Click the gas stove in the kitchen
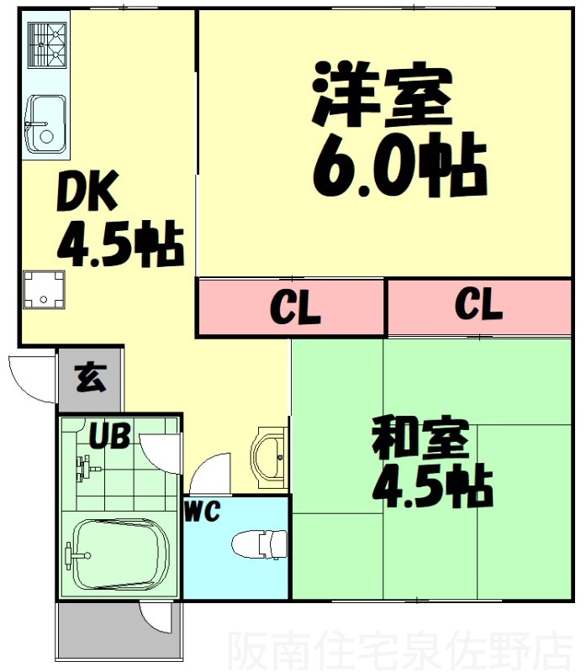(x=47, y=45)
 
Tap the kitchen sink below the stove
(x=45, y=123)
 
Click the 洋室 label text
(x=383, y=95)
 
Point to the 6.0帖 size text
(x=399, y=164)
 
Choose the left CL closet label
(x=295, y=308)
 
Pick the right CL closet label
(x=478, y=305)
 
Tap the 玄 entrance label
(x=92, y=378)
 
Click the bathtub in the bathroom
(x=119, y=555)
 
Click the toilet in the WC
(x=260, y=543)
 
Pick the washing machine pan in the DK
(x=42, y=288)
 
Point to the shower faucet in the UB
(x=83, y=467)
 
